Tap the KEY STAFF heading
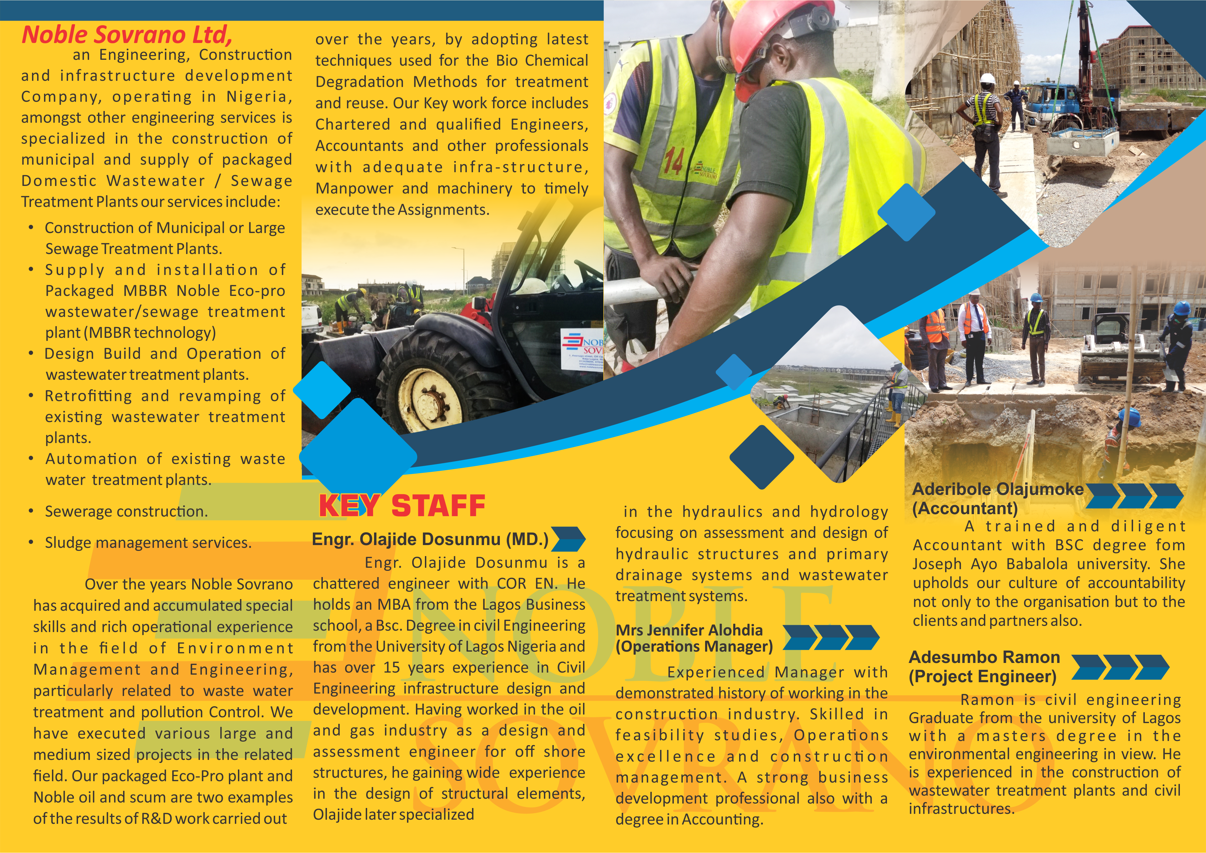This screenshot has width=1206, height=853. [402, 506]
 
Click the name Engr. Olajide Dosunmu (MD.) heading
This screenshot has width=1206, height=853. [430, 540]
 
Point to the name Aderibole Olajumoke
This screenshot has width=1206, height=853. [997, 489]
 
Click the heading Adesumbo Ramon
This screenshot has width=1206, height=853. [984, 657]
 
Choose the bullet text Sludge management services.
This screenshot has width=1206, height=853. [148, 543]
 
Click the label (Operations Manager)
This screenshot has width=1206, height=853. [694, 646]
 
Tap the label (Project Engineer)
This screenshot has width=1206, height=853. [982, 676]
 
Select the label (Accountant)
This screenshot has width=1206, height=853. [965, 508]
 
